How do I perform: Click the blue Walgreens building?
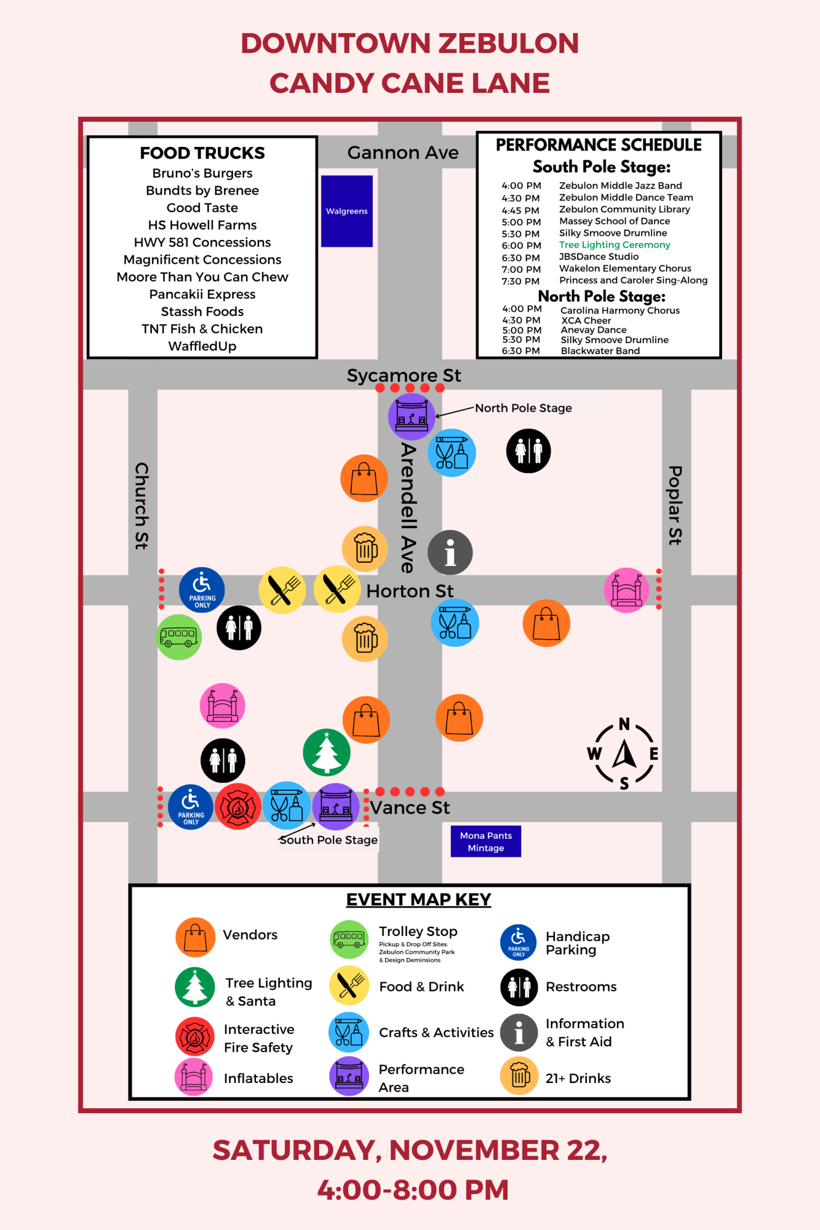(347, 211)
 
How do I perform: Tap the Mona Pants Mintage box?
(485, 841)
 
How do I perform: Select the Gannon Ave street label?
(403, 153)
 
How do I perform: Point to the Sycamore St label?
(404, 375)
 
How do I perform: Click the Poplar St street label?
(675, 505)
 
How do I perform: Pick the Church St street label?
(142, 506)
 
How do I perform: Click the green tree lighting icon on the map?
(327, 752)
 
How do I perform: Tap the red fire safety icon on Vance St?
(238, 806)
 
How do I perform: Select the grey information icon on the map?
(450, 552)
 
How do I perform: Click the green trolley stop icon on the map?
(179, 637)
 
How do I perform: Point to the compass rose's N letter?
(624, 724)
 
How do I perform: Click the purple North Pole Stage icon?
(412, 416)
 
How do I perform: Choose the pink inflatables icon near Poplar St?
(627, 590)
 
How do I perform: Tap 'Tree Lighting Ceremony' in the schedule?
(615, 245)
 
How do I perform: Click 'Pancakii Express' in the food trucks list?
(202, 294)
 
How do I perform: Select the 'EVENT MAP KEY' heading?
(418, 899)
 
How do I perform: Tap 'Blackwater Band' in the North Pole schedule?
(600, 351)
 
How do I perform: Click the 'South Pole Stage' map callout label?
(328, 840)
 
